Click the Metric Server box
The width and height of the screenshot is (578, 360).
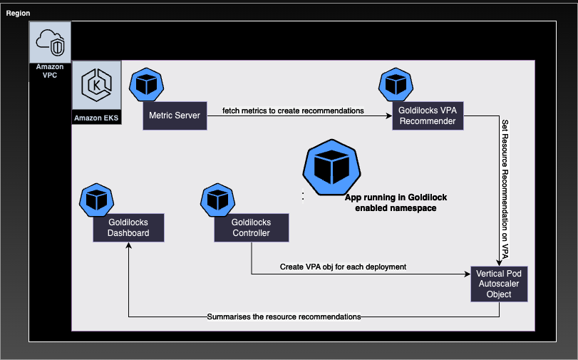pos(175,115)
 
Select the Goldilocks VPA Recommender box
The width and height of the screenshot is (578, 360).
pos(428,115)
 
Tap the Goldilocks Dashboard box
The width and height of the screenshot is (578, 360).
pos(128,228)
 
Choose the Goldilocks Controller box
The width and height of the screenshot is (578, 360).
pos(251,228)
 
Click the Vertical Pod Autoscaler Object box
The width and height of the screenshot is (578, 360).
pos(499,284)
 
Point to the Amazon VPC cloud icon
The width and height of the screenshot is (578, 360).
pos(50,41)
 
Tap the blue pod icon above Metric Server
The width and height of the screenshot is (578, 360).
pos(146,84)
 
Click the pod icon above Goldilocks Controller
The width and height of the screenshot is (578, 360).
pos(217,200)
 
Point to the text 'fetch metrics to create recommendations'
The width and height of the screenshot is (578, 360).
pos(294,110)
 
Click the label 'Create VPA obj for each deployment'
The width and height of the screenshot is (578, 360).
pos(343,267)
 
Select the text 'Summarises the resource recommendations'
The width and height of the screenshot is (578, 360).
pos(284,317)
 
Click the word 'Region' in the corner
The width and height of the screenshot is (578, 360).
pos(19,14)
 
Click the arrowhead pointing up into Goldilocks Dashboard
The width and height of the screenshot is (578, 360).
pos(128,245)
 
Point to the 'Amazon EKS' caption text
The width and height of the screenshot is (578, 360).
pos(96,117)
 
